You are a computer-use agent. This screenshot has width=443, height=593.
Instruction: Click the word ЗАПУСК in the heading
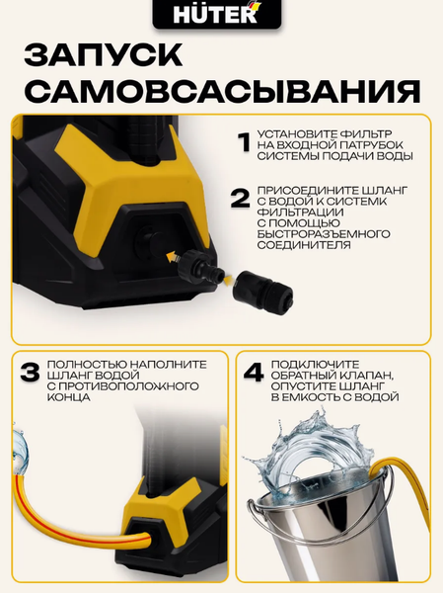pos(104,55)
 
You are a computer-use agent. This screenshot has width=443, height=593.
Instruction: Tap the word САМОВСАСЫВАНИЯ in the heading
pos(224,91)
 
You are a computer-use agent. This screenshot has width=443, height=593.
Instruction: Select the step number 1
pos(244,143)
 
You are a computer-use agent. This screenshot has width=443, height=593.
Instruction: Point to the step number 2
pos(240,199)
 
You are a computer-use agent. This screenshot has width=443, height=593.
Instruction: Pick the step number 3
pos(31,373)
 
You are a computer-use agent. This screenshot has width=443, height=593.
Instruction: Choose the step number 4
pos(254,373)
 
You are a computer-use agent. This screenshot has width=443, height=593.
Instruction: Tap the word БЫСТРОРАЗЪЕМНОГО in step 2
pos(324,233)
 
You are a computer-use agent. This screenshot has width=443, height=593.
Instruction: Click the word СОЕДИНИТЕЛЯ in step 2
pos(304,245)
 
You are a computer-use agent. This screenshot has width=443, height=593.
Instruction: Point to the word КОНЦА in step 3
pos(69,397)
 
